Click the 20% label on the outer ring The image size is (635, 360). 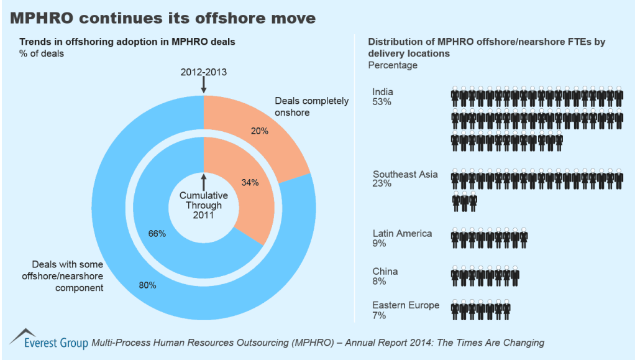pos(260,131)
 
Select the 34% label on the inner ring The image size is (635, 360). pos(250,182)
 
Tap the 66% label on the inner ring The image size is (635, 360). pos(157,234)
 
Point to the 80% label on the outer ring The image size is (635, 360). pos(147,285)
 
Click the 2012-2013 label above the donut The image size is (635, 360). pos(203,72)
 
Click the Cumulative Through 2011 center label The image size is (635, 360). pos(203,205)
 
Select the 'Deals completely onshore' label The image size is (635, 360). pos(311,107)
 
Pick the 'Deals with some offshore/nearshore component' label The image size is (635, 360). pos(63,276)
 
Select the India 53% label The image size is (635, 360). pos(383,97)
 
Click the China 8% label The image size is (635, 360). pos(385,276)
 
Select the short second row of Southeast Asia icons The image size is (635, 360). pos(464,201)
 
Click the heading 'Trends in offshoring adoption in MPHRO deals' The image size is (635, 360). pos(127,42)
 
